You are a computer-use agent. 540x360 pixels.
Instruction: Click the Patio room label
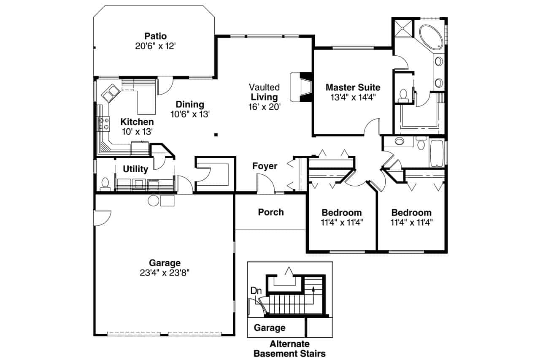coord(156,36)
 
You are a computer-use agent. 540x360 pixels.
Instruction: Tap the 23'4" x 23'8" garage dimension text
coord(165,273)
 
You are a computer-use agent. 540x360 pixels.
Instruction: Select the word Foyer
coord(265,166)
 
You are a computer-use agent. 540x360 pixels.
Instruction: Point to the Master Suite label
coord(353,87)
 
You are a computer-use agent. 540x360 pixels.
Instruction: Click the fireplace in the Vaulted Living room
coord(301,87)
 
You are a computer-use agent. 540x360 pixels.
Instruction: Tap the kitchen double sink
coord(111,93)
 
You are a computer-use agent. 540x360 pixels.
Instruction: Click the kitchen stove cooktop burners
coord(104,124)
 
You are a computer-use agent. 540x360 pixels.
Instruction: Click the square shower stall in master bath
coord(403,28)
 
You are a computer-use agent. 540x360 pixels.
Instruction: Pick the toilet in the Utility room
coord(105,184)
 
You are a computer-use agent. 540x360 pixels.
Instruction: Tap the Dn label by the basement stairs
coord(256,290)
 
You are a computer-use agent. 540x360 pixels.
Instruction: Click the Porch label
coord(271,212)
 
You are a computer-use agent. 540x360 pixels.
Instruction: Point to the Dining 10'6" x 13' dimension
coord(190,114)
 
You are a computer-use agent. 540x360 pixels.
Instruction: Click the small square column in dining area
coord(216,135)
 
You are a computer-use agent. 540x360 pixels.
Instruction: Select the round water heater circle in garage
coord(153,200)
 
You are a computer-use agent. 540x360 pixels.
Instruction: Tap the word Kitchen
coord(137,122)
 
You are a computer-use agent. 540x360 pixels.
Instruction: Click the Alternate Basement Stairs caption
coord(289,349)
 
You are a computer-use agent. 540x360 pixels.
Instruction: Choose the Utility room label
coord(135,169)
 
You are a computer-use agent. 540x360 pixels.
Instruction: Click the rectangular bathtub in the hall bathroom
coord(437,153)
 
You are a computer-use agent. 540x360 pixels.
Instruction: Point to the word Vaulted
coord(264,87)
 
